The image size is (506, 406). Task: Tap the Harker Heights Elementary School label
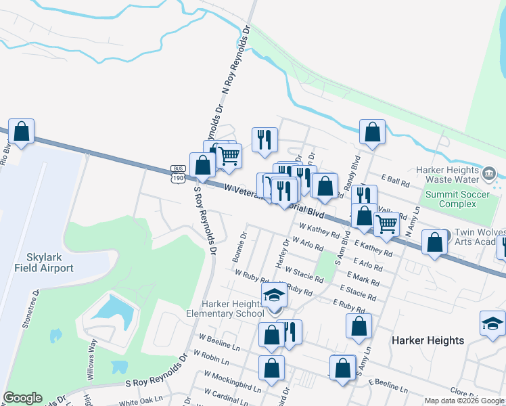pyautogui.click(x=225, y=308)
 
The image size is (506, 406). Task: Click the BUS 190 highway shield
pyautogui.click(x=178, y=174)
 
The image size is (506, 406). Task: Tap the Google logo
pyautogui.click(x=22, y=398)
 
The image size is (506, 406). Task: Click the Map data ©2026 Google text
pyautogui.click(x=463, y=401)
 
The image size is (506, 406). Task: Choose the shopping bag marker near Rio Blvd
pyautogui.click(x=22, y=133)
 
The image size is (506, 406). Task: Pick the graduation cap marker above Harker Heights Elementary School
pyautogui.click(x=275, y=296)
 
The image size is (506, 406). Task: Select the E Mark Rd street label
pyautogui.click(x=363, y=279)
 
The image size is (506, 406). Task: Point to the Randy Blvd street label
pyautogui.click(x=354, y=166)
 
